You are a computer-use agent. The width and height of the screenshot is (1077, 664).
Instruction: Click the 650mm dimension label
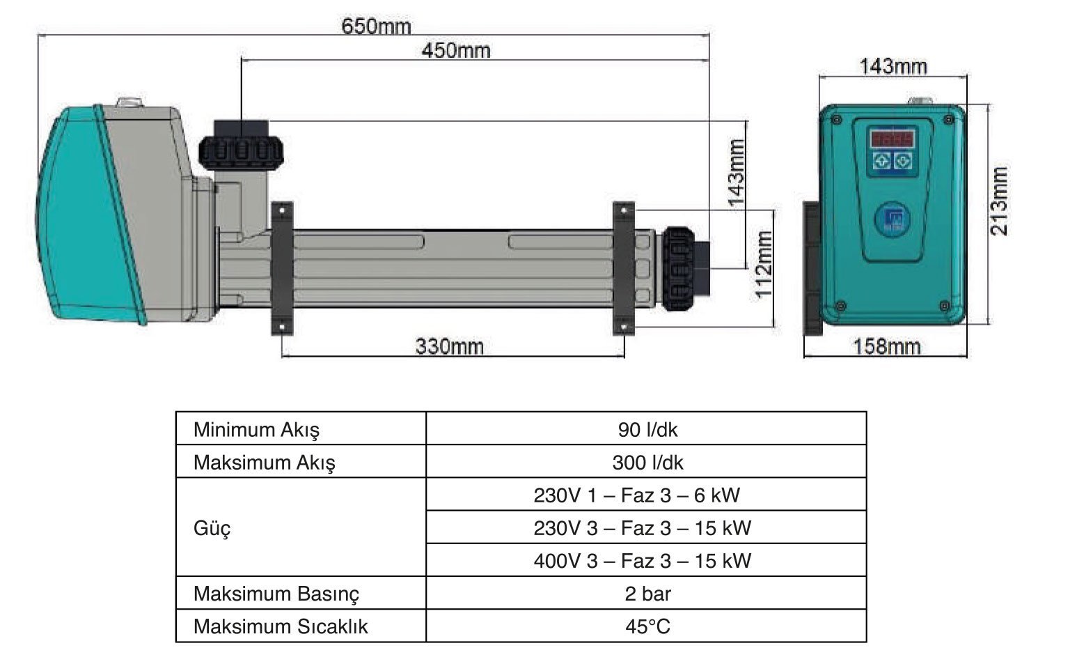pyautogui.click(x=376, y=26)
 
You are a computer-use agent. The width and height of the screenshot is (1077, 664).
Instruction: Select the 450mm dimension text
pyautogui.click(x=456, y=51)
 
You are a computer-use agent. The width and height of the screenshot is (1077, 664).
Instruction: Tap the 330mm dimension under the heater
pyautogui.click(x=450, y=346)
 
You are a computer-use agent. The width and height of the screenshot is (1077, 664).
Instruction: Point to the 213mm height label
pyautogui.click(x=998, y=201)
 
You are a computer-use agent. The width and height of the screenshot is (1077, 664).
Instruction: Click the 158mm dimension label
pyautogui.click(x=887, y=346)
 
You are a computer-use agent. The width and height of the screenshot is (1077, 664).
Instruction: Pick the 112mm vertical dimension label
pyautogui.click(x=764, y=265)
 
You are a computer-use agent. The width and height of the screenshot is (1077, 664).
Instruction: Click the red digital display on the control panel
pyautogui.click(x=893, y=139)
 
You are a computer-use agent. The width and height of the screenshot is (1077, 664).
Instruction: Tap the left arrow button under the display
pyautogui.click(x=882, y=161)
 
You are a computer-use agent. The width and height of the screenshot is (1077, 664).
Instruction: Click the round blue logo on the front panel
pyautogui.click(x=893, y=219)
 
